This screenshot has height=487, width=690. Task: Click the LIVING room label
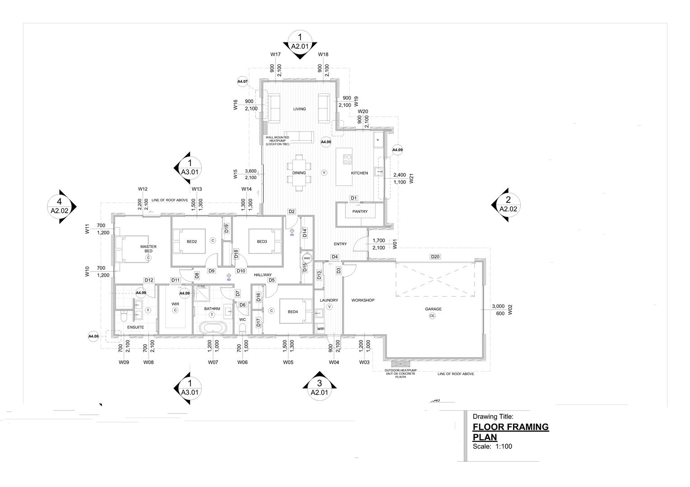[x=299, y=109]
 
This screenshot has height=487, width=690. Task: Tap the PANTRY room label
[x=360, y=211]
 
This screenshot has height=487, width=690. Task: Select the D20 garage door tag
[x=435, y=257]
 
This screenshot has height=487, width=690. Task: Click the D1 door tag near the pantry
[x=354, y=198]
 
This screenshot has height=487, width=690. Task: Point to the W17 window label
[x=275, y=55]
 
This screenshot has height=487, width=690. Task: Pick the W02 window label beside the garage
[x=510, y=310]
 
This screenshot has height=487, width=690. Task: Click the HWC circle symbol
[x=307, y=258]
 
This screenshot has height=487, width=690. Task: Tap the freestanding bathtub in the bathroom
[x=212, y=328]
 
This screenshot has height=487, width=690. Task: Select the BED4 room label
[x=293, y=312]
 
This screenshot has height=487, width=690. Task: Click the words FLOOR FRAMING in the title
[x=510, y=427]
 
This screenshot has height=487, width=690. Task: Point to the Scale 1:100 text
[x=492, y=447]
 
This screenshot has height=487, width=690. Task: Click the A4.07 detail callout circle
[x=242, y=82]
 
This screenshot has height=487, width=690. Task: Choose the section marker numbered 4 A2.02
[x=60, y=206]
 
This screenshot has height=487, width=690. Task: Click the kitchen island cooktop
[x=348, y=159]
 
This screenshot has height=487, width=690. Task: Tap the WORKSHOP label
[x=363, y=300]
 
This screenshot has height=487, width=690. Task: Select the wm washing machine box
[x=321, y=329]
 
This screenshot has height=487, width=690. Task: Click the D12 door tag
[x=149, y=280]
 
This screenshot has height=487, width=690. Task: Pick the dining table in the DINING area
[x=299, y=173]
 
